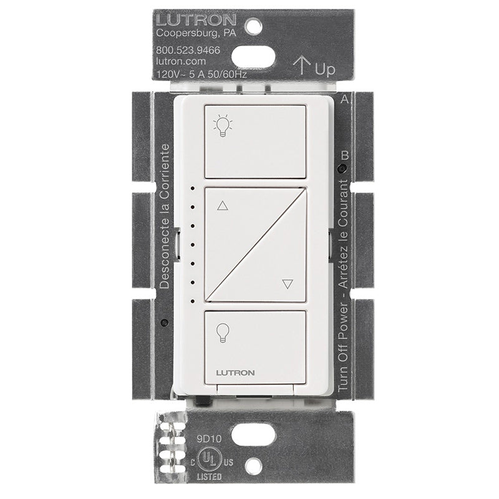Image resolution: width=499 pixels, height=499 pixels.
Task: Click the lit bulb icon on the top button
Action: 223,126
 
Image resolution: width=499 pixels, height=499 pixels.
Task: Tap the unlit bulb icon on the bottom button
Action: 223,333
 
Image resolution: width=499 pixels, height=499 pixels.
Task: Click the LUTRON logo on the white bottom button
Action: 236,372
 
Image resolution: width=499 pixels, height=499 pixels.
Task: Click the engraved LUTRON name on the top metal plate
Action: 196,20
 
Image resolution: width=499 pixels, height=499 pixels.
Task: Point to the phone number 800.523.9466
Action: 188,50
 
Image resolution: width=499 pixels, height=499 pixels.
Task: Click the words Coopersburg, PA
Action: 196,33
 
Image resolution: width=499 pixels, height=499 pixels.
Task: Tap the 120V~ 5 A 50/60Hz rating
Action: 201,74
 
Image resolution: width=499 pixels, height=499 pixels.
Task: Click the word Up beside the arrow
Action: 325,69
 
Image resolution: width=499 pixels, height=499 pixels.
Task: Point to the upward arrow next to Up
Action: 301,65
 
